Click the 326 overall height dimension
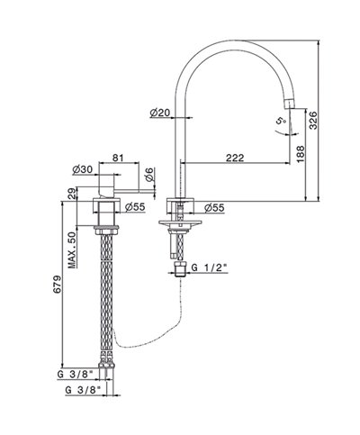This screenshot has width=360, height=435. [313, 120]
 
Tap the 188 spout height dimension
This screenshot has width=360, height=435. [300, 154]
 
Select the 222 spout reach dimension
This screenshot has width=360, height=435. [235, 158]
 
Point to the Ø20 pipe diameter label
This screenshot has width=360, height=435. [160, 113]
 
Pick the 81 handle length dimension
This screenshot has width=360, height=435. [118, 158]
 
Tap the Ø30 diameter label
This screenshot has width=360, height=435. [83, 169]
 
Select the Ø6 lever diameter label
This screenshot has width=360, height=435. [150, 175]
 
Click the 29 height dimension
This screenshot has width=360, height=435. [72, 194]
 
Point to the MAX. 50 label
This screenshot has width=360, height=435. [72, 249]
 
